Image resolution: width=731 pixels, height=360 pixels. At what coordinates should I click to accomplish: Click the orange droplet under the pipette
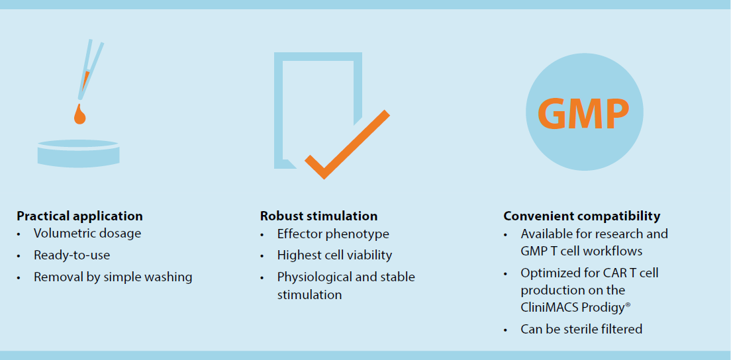(79, 114)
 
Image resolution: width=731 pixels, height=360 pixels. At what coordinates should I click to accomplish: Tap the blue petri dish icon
(78, 154)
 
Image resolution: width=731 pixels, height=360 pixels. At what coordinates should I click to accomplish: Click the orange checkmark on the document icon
(348, 144)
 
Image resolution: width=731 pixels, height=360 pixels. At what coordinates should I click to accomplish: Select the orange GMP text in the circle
(584, 113)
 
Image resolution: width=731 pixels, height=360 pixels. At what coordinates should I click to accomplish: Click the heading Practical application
(79, 216)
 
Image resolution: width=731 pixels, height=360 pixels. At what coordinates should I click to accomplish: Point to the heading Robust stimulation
(319, 216)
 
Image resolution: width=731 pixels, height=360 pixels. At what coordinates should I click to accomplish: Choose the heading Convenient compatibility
(582, 216)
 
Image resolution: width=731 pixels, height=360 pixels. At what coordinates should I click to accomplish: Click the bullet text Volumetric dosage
(87, 234)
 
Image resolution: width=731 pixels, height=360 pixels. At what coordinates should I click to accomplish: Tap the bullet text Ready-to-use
(72, 255)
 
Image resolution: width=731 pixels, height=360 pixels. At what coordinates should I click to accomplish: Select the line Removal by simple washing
(113, 277)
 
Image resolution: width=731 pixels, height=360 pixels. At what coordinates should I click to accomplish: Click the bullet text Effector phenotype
(333, 234)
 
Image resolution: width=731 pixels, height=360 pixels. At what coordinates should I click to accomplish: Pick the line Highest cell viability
(335, 255)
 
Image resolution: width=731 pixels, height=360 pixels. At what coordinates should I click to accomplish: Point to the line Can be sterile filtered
(581, 330)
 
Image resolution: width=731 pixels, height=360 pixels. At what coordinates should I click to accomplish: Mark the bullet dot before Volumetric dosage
(19, 234)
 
